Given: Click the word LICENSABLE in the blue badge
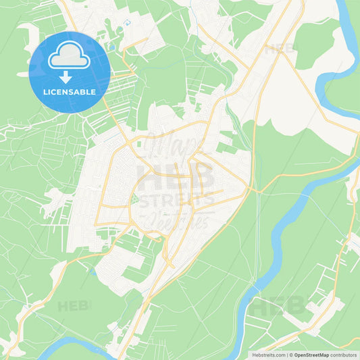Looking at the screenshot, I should [x=70, y=91].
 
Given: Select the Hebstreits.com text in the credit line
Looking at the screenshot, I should [x=268, y=355].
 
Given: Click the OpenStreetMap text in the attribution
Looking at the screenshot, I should [x=311, y=355].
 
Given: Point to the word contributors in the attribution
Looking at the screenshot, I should [x=344, y=355].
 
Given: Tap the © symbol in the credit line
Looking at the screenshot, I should [x=289, y=355].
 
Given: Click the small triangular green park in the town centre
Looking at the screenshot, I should [x=134, y=201].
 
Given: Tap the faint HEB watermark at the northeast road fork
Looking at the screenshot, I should [x=279, y=49].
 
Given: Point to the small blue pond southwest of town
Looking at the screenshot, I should [x=91, y=273].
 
